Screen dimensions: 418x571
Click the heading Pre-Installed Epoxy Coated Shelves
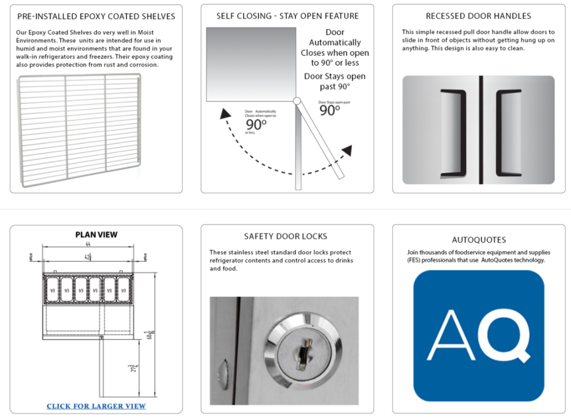tap(96, 16)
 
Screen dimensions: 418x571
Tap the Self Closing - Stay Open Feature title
tap(287, 16)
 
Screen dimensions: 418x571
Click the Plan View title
tap(96, 235)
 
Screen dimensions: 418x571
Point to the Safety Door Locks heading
tap(285, 236)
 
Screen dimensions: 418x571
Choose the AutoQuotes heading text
tap(478, 240)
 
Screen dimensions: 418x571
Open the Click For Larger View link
tap(96, 406)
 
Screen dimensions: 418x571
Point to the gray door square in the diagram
tap(250, 64)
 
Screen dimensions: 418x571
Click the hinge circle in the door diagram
tap(297, 102)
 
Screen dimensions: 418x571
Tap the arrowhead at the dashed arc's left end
tap(226, 114)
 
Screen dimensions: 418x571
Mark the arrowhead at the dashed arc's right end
tap(346, 150)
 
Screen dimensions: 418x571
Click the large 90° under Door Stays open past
tap(329, 110)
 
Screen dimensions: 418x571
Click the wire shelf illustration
tap(80, 130)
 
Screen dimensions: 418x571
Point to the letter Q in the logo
tap(506, 336)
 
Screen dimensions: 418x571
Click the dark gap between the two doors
tap(479, 130)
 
